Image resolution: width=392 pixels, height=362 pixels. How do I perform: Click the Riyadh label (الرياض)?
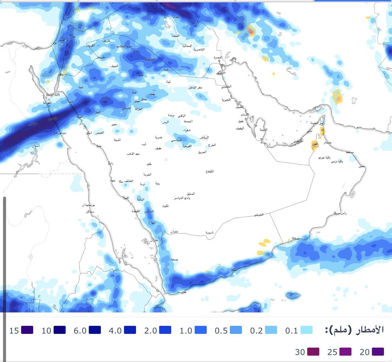tap(204, 138)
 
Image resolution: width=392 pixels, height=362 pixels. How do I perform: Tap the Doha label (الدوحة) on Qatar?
tap(263, 130)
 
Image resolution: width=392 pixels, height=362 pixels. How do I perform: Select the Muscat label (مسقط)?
tap(350, 152)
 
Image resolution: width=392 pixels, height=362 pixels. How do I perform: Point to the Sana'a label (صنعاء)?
tap(174, 260)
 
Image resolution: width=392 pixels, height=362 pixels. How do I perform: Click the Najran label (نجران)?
tap(174, 232)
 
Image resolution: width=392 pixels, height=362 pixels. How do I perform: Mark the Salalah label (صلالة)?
tap(295, 238)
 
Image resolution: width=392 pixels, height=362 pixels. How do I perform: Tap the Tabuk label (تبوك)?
tap(81, 87)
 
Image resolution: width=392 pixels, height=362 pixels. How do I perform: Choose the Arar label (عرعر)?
tap(135, 51)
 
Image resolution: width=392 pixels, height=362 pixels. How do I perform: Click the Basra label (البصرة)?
tap(218, 58)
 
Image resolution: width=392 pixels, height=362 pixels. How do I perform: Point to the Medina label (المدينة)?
tap(117, 140)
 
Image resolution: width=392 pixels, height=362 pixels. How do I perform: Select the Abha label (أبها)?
tap(153, 222)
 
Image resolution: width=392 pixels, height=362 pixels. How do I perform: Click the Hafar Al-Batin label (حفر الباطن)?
tap(195, 88)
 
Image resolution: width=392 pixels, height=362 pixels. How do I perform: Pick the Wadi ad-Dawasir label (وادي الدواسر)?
tap(182, 198)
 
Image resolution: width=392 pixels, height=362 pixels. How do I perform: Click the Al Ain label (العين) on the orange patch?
tap(315, 144)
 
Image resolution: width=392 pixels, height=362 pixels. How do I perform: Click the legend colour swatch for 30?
tap(313, 352)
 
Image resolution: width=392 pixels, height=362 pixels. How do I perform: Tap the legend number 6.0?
tap(80, 331)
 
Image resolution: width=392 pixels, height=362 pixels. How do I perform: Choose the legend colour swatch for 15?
tap(27, 330)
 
